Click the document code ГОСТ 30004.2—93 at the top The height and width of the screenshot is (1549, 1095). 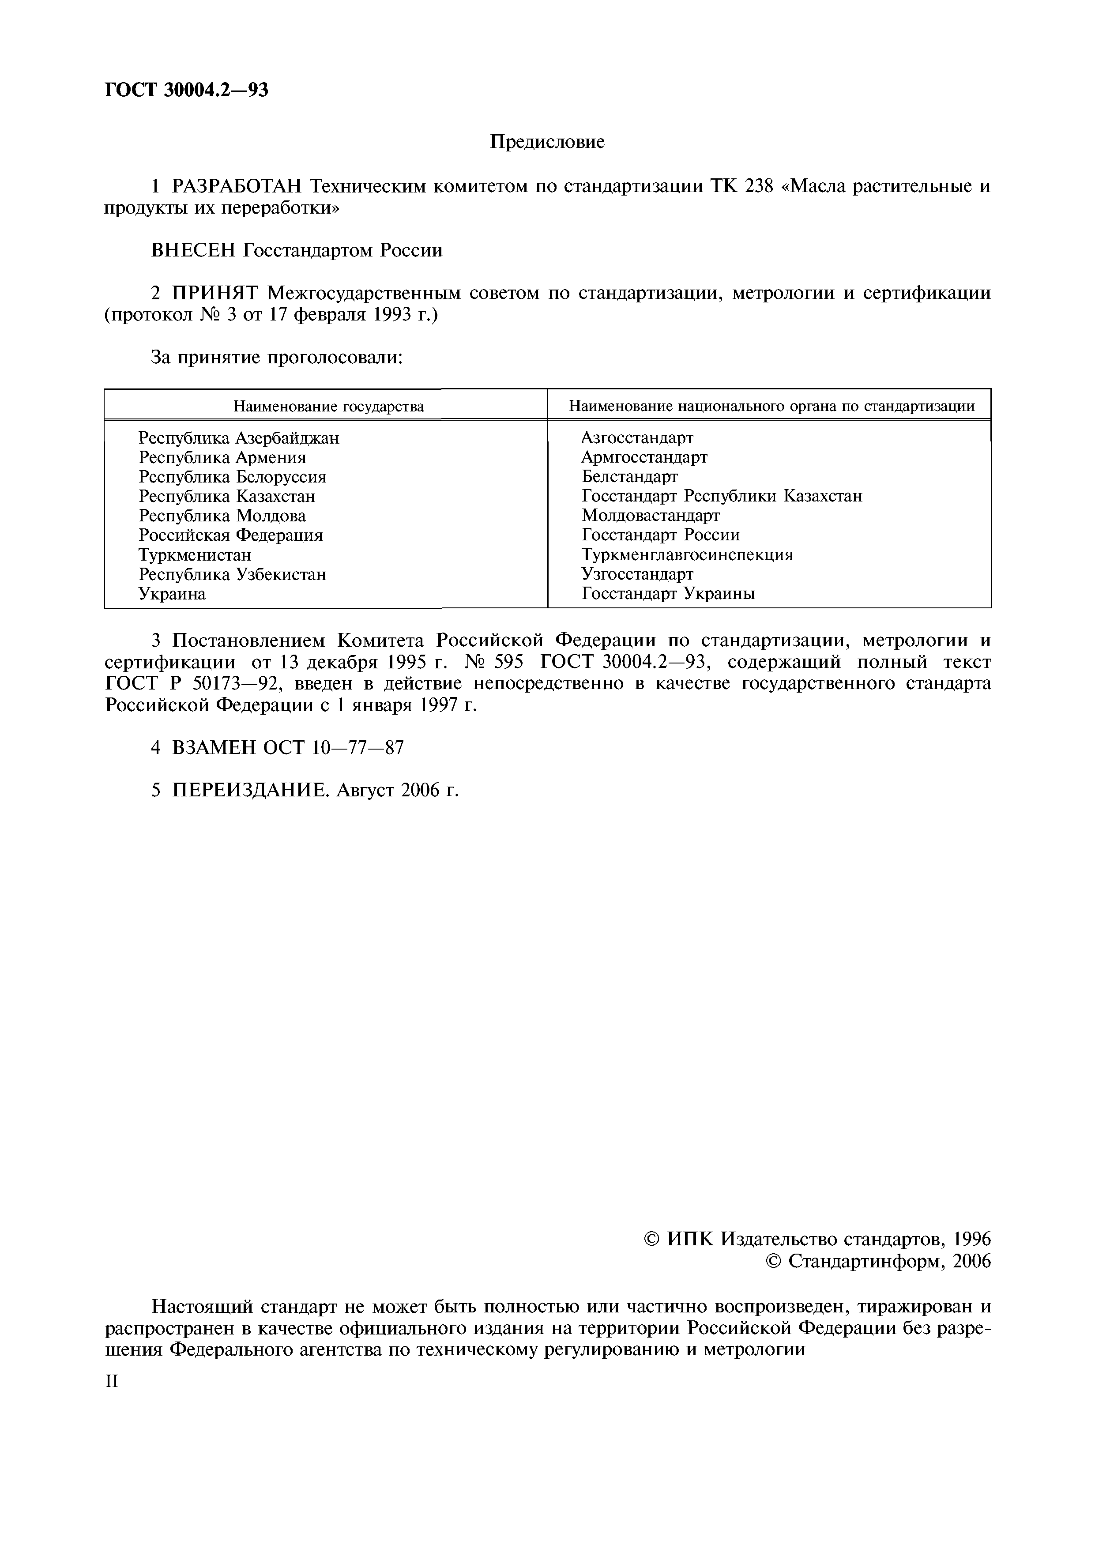(x=186, y=90)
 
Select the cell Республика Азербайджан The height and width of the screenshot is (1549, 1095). (x=239, y=438)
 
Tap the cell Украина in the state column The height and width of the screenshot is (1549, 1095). (x=172, y=594)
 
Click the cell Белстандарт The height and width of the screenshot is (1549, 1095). (x=629, y=477)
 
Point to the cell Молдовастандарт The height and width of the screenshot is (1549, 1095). (x=651, y=516)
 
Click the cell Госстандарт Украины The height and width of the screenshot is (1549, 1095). (x=668, y=594)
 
